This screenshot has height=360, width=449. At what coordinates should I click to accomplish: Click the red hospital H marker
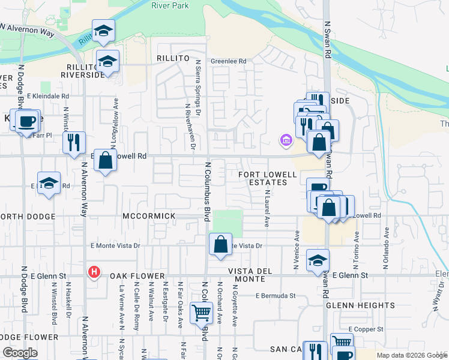[94, 272]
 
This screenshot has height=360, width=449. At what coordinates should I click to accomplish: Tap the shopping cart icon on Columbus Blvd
[200, 313]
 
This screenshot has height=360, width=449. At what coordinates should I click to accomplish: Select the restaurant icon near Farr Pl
[74, 142]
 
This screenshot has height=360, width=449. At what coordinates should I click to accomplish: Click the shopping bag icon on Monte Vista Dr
[220, 244]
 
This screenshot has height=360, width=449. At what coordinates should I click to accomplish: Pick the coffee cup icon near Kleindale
[26, 121]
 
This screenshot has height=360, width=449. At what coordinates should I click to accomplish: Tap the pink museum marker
[286, 141]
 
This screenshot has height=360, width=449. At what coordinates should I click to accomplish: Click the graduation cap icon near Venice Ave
[318, 260]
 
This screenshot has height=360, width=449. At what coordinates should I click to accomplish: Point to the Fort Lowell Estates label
[268, 178]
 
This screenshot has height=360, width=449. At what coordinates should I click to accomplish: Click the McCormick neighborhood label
[148, 216]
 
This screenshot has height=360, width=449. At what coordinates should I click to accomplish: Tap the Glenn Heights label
[360, 305]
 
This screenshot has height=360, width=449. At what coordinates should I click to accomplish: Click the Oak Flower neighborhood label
[137, 276]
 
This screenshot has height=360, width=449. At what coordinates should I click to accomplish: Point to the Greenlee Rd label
[229, 61]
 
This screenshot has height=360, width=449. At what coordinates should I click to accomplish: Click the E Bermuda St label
[276, 295]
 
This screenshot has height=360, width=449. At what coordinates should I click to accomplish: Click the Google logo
[20, 353]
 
